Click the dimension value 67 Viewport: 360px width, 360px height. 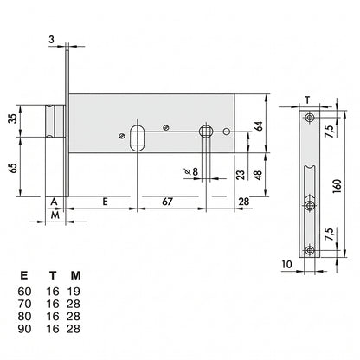167,202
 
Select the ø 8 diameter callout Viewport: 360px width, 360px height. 191,171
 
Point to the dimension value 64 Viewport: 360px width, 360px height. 259,126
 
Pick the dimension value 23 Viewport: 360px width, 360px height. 241,175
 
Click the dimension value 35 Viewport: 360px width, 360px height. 12,119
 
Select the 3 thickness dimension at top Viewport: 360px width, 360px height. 51,39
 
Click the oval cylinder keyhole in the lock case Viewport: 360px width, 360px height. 138,138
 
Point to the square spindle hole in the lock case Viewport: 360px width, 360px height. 206,132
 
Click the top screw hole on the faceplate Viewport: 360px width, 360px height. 310,118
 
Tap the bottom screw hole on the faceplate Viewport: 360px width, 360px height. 310,250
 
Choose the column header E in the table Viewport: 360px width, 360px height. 24,276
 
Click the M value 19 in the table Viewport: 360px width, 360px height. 74,292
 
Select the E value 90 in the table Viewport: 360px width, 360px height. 24,329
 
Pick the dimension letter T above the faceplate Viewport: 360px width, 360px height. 307,100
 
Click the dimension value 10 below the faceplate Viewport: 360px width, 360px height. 287,264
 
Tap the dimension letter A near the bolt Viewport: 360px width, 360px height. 54,202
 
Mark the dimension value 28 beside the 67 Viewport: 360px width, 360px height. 243,202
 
